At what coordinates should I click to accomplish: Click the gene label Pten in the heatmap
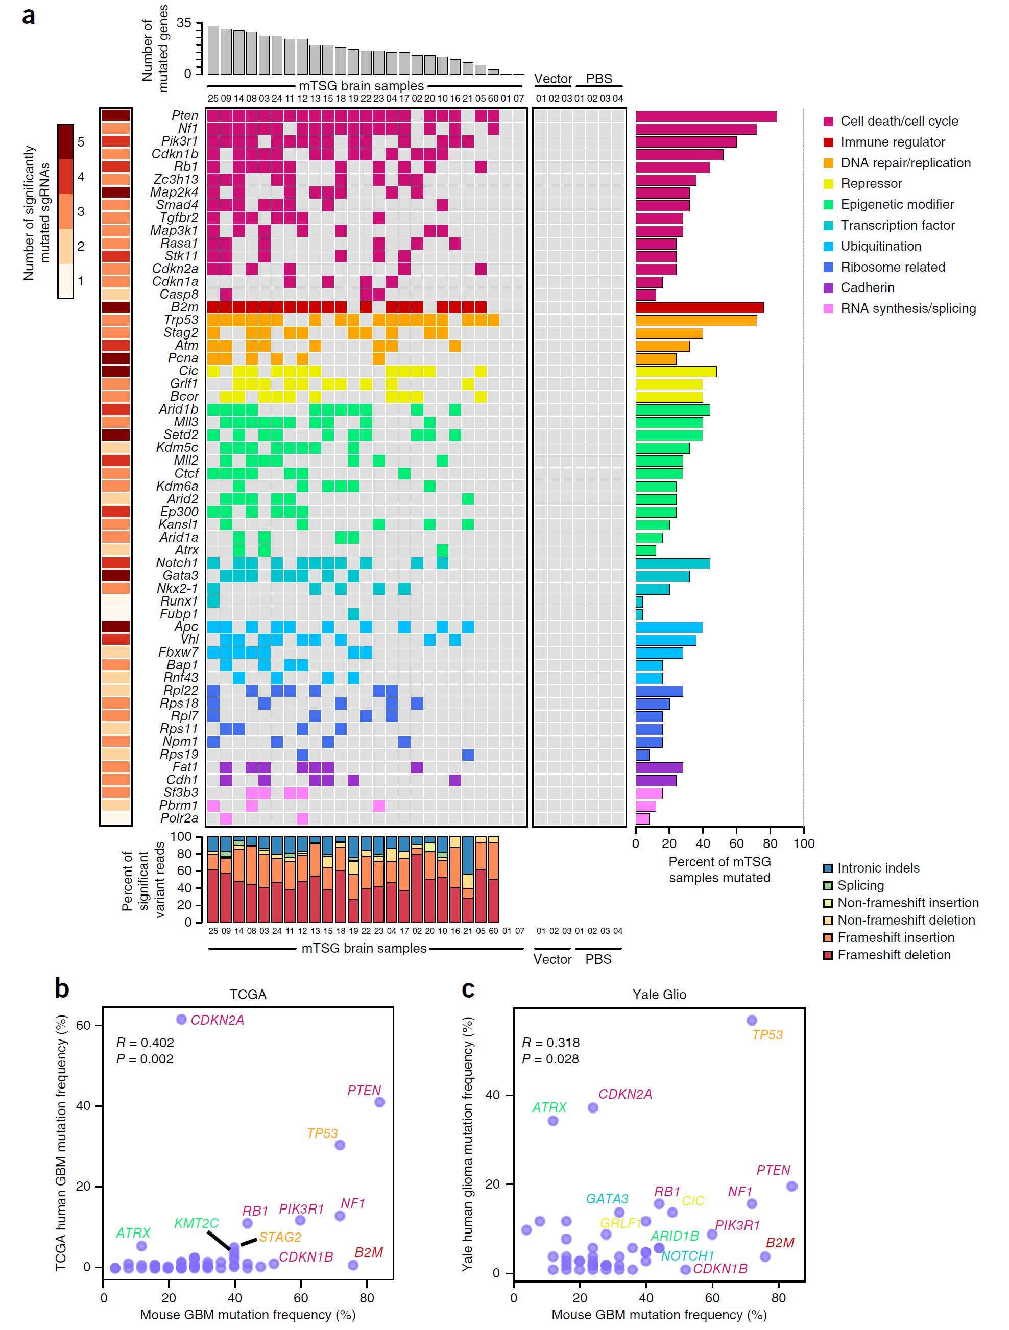click(185, 115)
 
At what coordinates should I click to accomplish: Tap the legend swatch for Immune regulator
click(828, 142)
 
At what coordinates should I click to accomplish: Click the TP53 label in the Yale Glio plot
click(767, 1035)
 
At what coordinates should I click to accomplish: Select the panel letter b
click(62, 988)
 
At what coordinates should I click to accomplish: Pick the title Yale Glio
click(659, 995)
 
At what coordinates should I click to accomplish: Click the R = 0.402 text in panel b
click(145, 1043)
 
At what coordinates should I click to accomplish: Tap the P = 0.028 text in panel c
click(550, 1059)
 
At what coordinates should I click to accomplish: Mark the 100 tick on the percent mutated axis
click(803, 843)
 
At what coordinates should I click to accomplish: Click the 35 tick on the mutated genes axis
click(183, 23)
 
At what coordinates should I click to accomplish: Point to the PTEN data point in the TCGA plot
click(379, 1102)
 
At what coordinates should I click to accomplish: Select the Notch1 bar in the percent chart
click(672, 563)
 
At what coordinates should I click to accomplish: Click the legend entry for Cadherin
click(867, 287)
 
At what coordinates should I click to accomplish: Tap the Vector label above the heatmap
click(552, 79)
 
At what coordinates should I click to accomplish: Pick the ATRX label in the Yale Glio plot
click(549, 1107)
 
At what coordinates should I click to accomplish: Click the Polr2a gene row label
click(179, 818)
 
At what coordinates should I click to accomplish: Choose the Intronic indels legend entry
click(878, 868)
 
